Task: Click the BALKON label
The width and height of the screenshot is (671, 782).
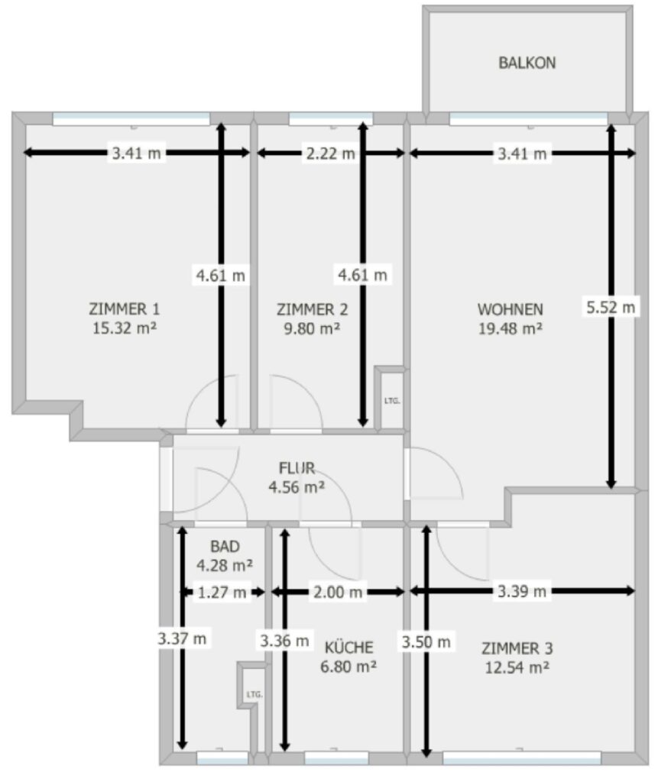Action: tap(527, 63)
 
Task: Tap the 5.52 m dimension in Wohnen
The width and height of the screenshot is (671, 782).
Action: tap(611, 307)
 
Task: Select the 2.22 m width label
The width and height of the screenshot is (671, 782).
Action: tap(330, 153)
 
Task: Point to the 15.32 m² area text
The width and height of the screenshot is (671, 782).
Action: tap(125, 328)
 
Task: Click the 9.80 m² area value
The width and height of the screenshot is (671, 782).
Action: tap(312, 328)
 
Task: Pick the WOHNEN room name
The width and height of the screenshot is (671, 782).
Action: tap(511, 310)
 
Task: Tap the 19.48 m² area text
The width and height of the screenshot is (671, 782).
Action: tap(511, 328)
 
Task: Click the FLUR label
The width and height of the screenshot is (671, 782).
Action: tap(297, 468)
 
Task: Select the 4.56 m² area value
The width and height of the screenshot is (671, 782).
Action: tap(297, 486)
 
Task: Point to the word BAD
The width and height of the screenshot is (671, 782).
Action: tap(225, 547)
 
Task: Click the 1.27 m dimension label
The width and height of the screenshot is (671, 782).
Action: tap(222, 593)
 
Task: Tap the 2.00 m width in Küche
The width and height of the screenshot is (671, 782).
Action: tap(338, 593)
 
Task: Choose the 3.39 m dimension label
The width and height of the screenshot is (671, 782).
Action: tap(522, 592)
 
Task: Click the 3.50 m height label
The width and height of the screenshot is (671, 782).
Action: tap(426, 641)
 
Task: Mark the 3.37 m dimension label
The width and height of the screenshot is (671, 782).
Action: tap(182, 638)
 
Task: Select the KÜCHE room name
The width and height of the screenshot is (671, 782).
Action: tap(349, 648)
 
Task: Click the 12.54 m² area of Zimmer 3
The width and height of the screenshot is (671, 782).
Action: tap(517, 667)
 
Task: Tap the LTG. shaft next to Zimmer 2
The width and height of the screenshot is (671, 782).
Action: tap(392, 400)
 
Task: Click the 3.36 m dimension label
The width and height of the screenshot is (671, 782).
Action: tap(284, 641)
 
